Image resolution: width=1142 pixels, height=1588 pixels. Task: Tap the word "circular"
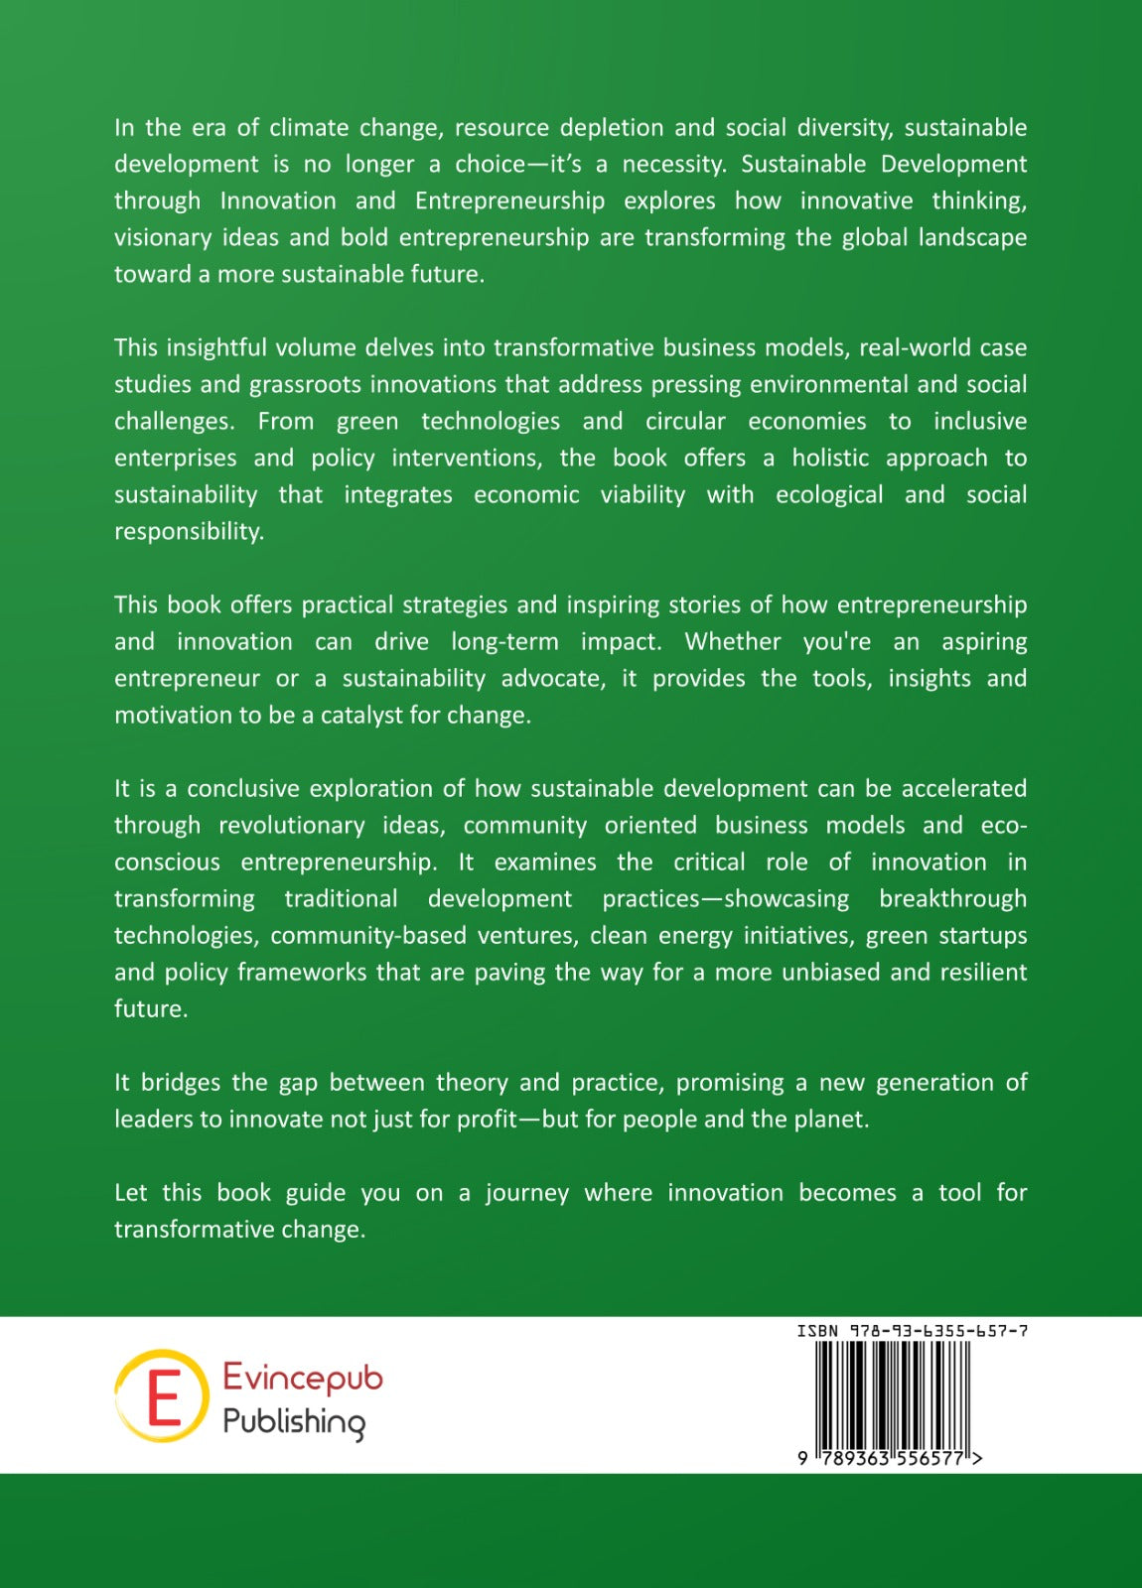pyautogui.click(x=685, y=422)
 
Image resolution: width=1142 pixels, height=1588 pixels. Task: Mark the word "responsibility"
pyautogui.click(x=189, y=532)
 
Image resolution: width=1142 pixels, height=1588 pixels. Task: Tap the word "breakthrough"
pyautogui.click(x=952, y=899)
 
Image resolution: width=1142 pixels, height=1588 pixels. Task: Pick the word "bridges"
pyautogui.click(x=181, y=1083)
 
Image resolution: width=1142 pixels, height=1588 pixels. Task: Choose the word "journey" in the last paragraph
pyautogui.click(x=526, y=1193)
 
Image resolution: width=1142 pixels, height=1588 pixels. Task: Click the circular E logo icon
pyautogui.click(x=162, y=1395)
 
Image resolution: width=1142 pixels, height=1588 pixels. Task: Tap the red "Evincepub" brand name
pyautogui.click(x=303, y=1378)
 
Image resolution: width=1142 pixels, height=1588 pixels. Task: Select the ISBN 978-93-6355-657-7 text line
pyautogui.click(x=912, y=1331)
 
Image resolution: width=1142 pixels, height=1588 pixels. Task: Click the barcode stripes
pyautogui.click(x=892, y=1393)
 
